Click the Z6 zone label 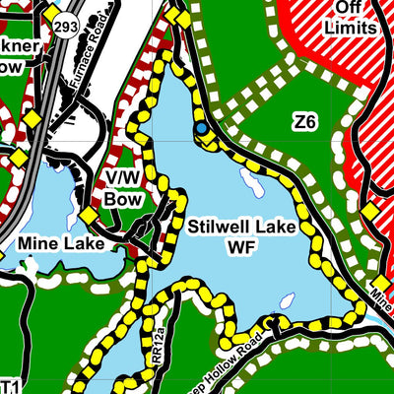[x=304, y=122]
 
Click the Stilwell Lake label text [x=240, y=228]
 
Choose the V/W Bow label [x=124, y=188]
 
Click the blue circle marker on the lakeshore [x=201, y=128]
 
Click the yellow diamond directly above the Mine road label [x=370, y=212]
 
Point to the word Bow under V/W [x=124, y=199]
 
